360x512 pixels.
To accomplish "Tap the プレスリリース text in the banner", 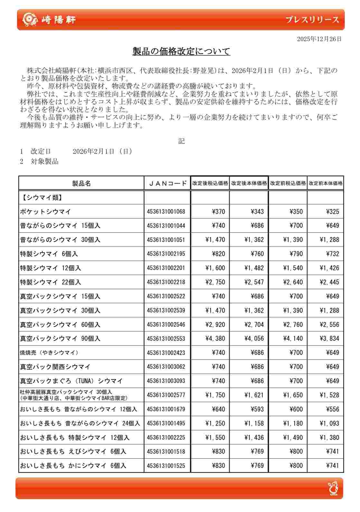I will [312, 20].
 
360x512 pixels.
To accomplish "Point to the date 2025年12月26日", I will [319, 39].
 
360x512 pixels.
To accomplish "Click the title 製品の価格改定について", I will [181, 51].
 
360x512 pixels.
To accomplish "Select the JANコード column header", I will [167, 183].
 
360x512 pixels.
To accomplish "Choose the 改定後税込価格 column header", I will [210, 183].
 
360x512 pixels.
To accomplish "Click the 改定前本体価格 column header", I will [326, 183].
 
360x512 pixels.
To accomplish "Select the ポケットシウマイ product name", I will [45, 212].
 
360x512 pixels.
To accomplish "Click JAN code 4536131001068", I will [166, 212].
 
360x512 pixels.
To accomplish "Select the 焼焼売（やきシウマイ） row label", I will [49, 353].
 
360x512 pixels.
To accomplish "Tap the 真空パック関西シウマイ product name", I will [55, 367].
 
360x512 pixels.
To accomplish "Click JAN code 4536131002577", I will [166, 395].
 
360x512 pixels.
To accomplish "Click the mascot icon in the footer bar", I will [333, 488].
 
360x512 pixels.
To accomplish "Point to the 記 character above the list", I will [181, 141].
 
